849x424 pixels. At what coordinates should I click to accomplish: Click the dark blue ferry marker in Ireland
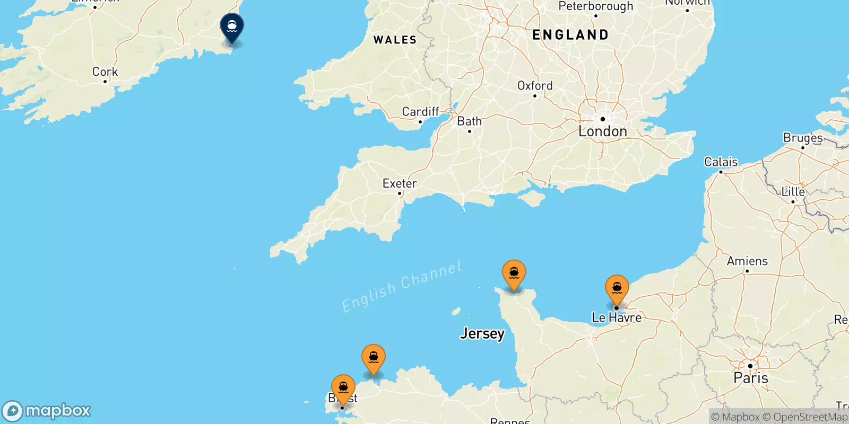[x=232, y=26]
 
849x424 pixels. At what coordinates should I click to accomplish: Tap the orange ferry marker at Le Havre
[x=617, y=288]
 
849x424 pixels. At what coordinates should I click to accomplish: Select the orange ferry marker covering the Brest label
[x=343, y=388]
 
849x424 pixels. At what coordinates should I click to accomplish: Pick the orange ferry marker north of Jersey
[x=514, y=274]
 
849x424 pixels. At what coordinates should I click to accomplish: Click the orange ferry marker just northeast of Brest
[x=374, y=358]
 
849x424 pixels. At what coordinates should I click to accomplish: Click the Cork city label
[x=105, y=72]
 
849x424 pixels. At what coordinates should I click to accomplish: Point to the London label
[x=602, y=131]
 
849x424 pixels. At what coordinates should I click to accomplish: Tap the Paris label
[x=750, y=378]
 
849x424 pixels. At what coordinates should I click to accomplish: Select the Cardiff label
[x=420, y=112]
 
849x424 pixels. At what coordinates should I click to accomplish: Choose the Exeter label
[x=400, y=183]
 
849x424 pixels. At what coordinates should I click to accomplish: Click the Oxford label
[x=535, y=86]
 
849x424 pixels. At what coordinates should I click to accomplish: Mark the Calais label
[x=721, y=162]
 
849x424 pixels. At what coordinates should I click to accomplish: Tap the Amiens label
[x=747, y=261]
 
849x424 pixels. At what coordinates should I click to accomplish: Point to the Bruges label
[x=803, y=138]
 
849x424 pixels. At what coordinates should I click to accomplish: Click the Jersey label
[x=482, y=333]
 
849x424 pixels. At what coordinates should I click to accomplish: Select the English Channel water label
[x=402, y=286]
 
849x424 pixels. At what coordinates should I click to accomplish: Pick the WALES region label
[x=395, y=40]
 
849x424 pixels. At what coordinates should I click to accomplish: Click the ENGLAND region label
[x=570, y=35]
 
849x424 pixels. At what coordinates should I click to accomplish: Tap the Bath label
[x=470, y=121]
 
